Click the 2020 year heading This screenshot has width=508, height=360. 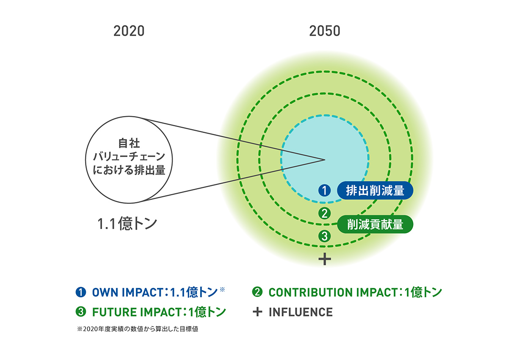129,31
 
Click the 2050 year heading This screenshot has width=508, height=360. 325,31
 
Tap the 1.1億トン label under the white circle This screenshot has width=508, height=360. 127,224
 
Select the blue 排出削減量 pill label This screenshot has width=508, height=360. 375,190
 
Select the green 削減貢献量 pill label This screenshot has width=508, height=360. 375,224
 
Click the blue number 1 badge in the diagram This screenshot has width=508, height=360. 325,190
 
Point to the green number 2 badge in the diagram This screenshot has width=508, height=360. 325,213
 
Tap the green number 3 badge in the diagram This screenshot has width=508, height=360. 325,236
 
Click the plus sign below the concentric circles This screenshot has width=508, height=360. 325,259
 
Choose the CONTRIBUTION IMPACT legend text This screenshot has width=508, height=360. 334,292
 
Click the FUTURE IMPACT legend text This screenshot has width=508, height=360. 136,312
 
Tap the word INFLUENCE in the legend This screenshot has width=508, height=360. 301,312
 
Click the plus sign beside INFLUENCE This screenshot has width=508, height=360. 257,312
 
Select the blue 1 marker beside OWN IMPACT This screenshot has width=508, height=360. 81,292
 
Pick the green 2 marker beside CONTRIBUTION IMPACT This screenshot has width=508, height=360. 257,292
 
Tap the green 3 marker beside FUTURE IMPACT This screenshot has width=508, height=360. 81,312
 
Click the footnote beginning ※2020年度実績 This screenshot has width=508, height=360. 138,329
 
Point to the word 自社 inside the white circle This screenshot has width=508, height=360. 129,144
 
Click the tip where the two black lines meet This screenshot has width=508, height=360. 325,160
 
